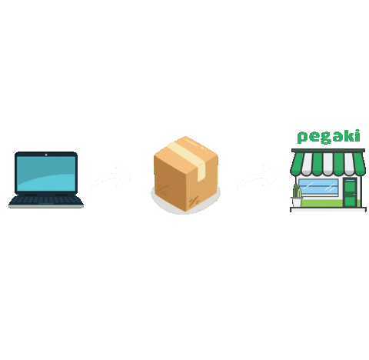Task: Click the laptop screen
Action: coord(46,174)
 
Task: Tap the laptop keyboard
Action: coord(46,200)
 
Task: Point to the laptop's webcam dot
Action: coord(46,154)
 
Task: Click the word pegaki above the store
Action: coord(328,137)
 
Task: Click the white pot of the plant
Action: coord(297,202)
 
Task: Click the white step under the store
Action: coord(327,208)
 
